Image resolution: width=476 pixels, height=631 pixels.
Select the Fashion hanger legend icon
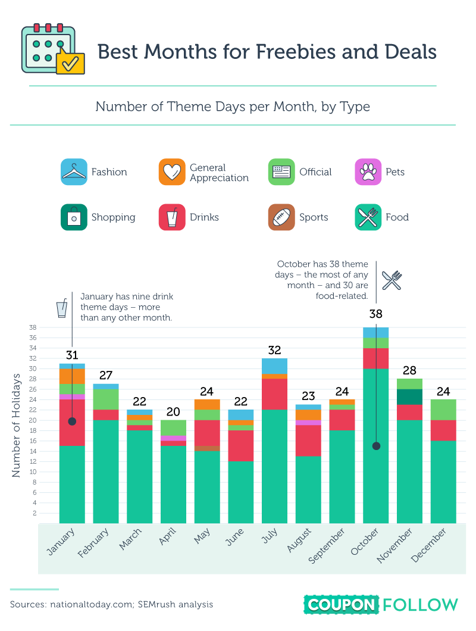point(74,172)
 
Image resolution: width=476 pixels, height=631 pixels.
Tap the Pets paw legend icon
point(368,172)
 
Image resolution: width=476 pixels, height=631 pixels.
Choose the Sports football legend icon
point(281,217)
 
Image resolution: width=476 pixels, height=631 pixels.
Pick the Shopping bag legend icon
point(74,217)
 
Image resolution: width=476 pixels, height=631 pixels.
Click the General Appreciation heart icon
point(172,172)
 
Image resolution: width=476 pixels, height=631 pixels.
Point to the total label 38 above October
point(375,314)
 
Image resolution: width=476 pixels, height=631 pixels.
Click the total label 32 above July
point(274,350)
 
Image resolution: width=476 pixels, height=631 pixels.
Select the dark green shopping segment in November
point(409,396)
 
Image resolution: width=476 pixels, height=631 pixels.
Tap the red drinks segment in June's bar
point(240,446)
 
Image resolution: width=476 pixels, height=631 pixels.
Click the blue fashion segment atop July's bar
point(274,366)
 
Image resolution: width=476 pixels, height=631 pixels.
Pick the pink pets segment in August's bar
point(308,423)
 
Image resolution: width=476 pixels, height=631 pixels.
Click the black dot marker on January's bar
point(72,421)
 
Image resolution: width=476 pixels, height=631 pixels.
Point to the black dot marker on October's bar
point(376,446)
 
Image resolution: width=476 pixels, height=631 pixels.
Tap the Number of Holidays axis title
point(16,425)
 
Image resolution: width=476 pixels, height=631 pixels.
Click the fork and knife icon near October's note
point(392,280)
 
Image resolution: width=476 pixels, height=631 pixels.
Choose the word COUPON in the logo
point(342,605)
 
